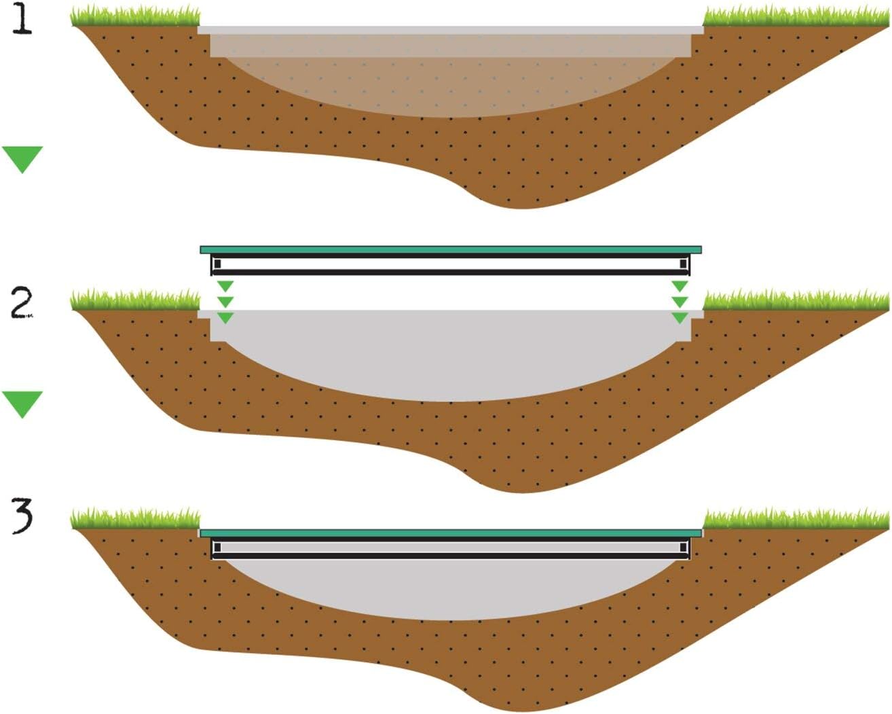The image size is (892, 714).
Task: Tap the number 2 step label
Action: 22,303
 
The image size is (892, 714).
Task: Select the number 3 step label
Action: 22,516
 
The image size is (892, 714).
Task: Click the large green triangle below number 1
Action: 22,158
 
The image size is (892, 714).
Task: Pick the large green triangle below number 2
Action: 22,403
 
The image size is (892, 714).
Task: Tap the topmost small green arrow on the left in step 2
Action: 225,286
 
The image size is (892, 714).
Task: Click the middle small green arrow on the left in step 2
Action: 225,302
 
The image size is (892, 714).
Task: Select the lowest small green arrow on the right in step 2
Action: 680,317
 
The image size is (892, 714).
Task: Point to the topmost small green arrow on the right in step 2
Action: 680,286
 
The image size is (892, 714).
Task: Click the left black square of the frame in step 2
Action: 217,264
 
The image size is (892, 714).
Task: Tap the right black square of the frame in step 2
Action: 683,264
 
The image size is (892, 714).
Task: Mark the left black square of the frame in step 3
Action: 217,548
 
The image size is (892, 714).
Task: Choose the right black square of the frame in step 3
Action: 683,548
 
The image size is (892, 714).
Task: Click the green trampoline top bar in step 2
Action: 451,250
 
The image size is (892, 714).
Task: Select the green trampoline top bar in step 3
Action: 451,533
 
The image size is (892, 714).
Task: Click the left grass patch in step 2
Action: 136,300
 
